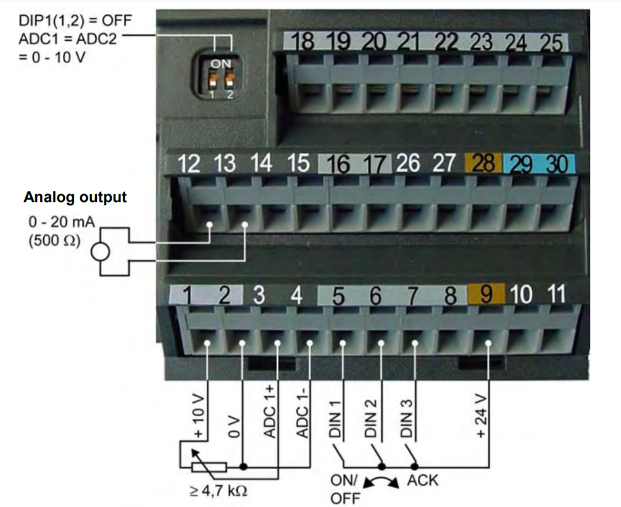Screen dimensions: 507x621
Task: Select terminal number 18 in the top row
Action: (302, 43)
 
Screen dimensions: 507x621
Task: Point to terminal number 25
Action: (551, 43)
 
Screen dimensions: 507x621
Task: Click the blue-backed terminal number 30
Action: (557, 164)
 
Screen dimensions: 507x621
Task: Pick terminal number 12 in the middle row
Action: (190, 164)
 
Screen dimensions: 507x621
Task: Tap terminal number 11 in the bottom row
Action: (557, 294)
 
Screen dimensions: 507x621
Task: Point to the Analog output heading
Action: (75, 198)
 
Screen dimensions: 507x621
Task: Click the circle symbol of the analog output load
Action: (100, 252)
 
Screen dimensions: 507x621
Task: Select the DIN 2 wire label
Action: (370, 418)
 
